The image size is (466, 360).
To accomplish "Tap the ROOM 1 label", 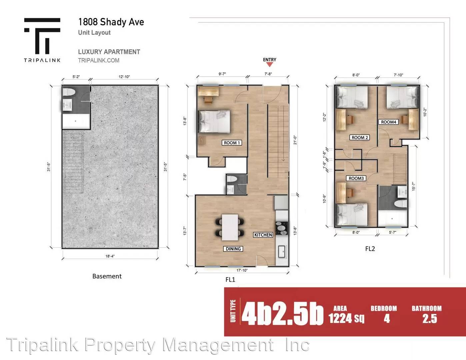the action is click(x=232, y=143).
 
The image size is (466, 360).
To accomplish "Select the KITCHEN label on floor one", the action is click(x=263, y=235).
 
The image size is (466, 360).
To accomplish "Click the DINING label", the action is click(x=233, y=249).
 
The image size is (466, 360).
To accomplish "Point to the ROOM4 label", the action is click(x=388, y=122).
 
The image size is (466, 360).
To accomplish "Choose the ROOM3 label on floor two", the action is click(x=356, y=178).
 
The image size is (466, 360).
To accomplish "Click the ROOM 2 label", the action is click(x=360, y=137).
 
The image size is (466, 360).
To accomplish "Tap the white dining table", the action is click(x=230, y=227).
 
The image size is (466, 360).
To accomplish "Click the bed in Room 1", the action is click(x=214, y=121).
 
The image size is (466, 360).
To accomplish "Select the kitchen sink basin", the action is click(x=282, y=252).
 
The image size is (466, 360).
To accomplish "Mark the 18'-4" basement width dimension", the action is click(x=110, y=256).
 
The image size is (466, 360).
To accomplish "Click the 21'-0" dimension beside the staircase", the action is click(x=295, y=140).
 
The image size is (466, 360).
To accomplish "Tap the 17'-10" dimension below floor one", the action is click(x=242, y=270).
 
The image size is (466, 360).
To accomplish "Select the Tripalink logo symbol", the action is click(x=42, y=36).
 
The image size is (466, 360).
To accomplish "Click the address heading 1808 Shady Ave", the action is click(x=111, y=22).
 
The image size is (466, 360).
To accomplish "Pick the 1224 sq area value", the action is click(x=346, y=318).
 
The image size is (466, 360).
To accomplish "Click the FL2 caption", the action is click(x=370, y=249).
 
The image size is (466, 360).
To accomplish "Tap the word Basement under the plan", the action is click(x=107, y=276).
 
